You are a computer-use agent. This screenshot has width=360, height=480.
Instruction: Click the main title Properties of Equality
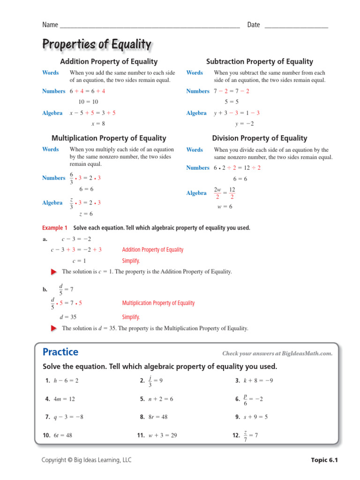(x=97, y=45)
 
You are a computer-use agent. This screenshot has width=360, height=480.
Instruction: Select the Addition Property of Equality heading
(x=109, y=61)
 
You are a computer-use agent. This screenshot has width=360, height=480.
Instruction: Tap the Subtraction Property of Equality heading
(x=259, y=61)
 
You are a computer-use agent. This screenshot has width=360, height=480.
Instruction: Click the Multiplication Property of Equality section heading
(x=109, y=138)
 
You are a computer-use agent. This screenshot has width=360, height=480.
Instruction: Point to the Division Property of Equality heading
(x=259, y=138)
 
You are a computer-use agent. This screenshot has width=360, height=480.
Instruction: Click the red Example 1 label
(x=55, y=228)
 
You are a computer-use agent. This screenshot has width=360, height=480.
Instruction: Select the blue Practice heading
(x=60, y=352)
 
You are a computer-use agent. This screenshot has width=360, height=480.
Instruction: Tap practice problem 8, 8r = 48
(x=157, y=417)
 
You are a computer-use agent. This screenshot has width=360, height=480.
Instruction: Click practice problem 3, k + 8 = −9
(x=254, y=381)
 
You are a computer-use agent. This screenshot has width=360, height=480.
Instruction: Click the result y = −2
(x=244, y=124)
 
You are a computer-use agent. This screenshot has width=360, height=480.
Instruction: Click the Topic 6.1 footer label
(x=324, y=460)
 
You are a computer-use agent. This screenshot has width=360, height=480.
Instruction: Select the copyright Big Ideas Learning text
(x=87, y=460)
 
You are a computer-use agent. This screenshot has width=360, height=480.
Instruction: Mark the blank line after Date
(x=296, y=26)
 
